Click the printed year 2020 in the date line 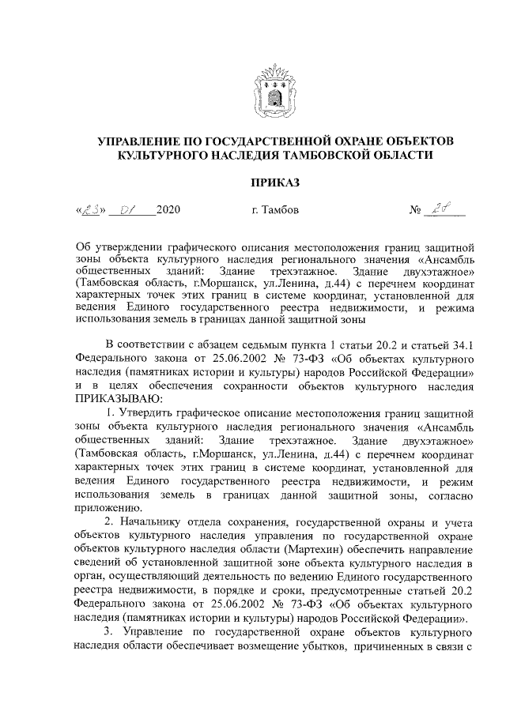click(x=169, y=210)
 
